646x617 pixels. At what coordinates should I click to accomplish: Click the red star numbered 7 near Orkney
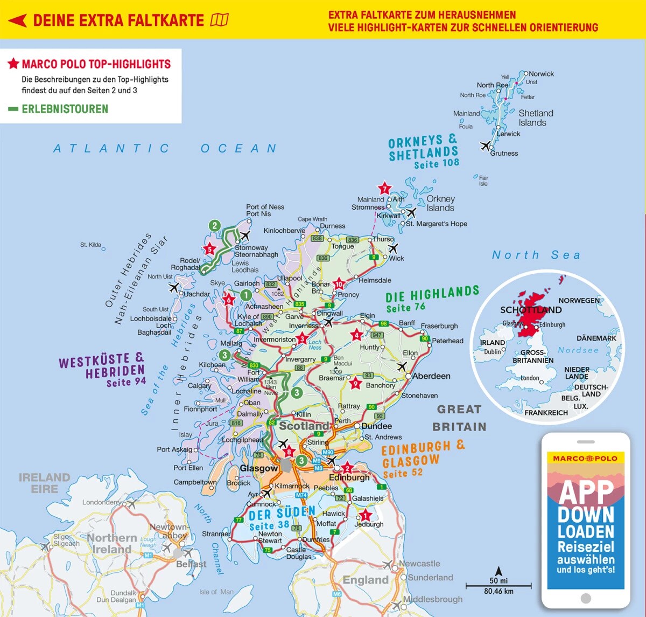point(384,188)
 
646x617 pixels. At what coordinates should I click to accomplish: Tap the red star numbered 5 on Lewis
point(209,249)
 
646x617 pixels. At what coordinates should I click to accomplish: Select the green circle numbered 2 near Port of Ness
point(215,225)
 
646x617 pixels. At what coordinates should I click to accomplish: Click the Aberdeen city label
point(431,376)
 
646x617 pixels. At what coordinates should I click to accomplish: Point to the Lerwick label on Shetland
point(508,134)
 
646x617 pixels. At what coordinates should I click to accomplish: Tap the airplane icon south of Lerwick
point(486,146)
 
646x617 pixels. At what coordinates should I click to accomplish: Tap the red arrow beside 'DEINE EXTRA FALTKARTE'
point(18,20)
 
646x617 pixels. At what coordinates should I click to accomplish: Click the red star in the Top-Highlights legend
point(13,64)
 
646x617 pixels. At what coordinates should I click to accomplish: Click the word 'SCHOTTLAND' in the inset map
point(531,310)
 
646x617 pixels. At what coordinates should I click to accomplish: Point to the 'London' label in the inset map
point(530,378)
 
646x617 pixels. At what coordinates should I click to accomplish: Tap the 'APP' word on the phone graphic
point(586,491)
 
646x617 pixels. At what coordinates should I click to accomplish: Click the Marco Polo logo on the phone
point(586,458)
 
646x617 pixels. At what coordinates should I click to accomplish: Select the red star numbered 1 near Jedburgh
point(366,515)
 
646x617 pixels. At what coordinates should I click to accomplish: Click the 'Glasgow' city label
point(259,468)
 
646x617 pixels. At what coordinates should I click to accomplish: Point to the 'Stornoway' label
point(251,247)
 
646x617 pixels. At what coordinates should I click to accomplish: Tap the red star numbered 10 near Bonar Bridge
point(339,284)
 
